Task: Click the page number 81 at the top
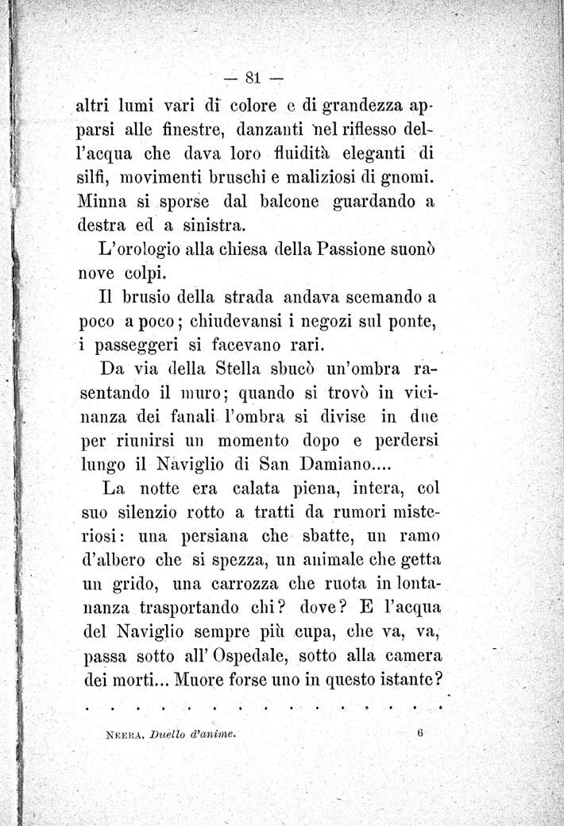pos(254,78)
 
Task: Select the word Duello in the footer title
pos(164,736)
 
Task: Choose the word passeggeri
pos(140,344)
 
